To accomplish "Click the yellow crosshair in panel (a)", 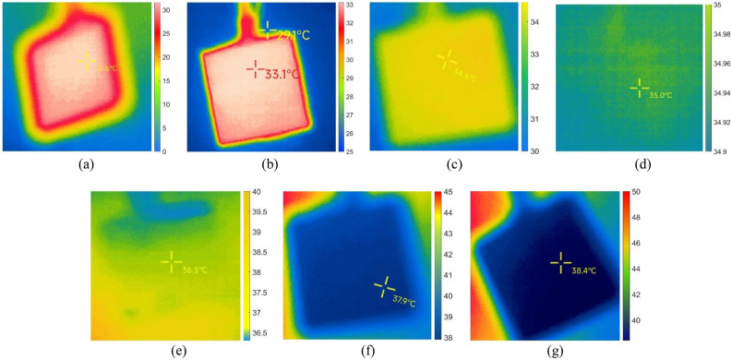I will (86, 62).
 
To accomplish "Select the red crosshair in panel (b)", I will (254, 67).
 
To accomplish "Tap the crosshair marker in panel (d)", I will (639, 88).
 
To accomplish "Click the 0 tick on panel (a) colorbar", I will (164, 150).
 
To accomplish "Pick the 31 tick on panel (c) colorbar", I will (539, 120).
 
